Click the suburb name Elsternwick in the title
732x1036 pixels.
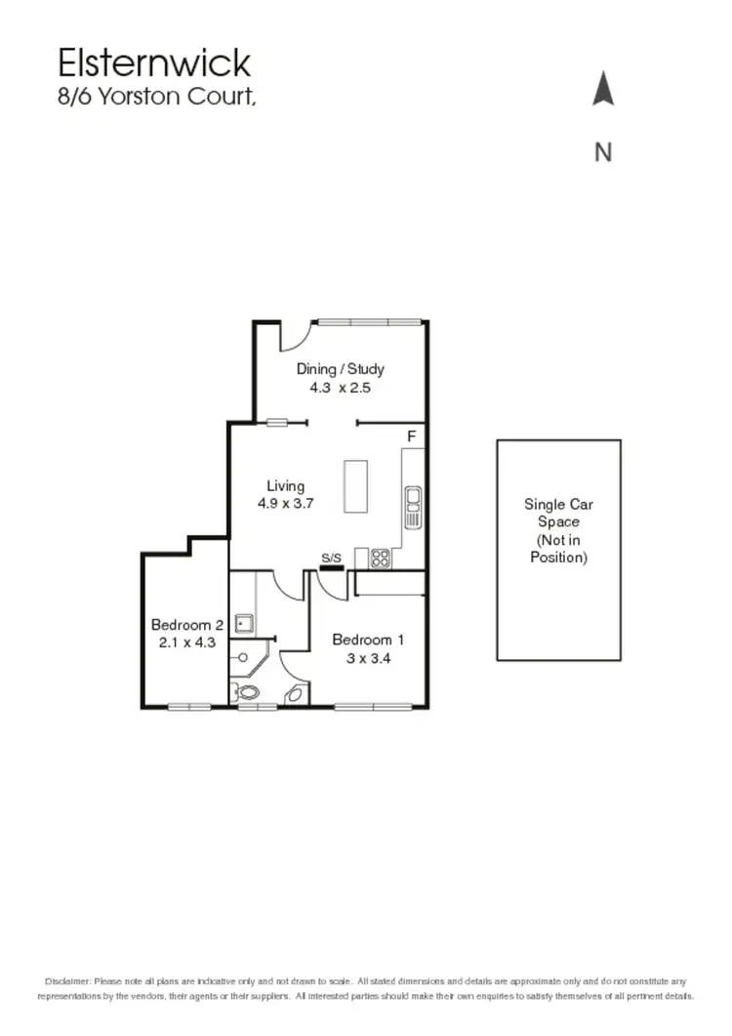point(154,63)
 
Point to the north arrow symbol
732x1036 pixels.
point(603,90)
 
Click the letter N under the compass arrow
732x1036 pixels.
point(603,152)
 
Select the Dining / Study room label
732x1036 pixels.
point(341,369)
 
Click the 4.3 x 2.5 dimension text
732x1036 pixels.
point(341,387)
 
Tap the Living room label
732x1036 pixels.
point(285,486)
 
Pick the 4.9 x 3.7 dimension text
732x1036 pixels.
point(285,504)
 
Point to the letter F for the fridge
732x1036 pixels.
point(412,435)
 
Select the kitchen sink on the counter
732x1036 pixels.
point(413,506)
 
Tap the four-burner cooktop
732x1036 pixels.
point(380,559)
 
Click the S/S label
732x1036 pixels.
point(332,559)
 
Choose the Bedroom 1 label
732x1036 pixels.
point(368,641)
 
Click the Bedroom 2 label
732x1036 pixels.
point(187,625)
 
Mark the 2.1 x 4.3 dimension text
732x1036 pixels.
point(187,642)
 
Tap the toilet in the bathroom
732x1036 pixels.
point(250,692)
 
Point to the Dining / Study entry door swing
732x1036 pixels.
point(295,337)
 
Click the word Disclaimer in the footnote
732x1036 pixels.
point(67,980)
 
